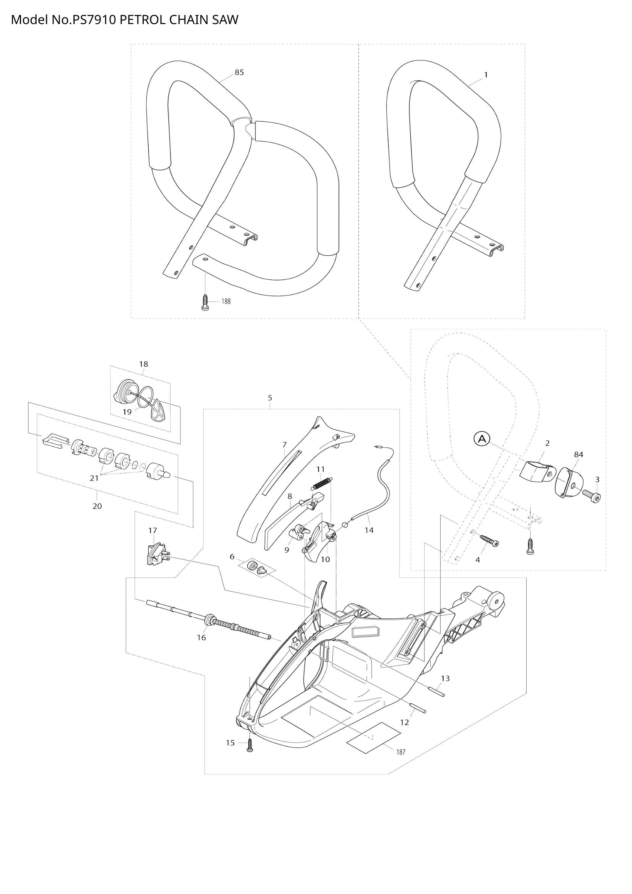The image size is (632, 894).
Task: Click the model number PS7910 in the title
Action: click(93, 19)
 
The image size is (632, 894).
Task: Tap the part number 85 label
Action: click(239, 72)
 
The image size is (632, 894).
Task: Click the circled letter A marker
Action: click(481, 439)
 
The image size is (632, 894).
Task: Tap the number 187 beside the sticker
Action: click(401, 752)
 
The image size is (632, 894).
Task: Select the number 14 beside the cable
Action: click(369, 530)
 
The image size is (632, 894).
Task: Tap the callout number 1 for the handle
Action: click(486, 75)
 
